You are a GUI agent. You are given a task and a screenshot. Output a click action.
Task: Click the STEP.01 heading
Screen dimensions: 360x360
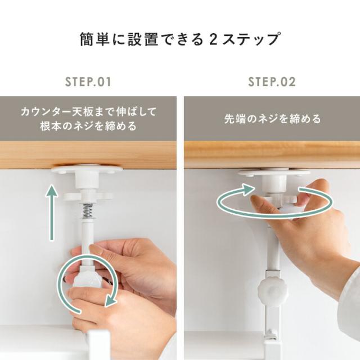tap(88, 82)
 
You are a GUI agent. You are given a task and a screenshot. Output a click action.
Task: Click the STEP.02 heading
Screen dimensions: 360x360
tap(272, 82)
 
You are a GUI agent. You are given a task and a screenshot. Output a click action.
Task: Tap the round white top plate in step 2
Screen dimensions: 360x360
tap(274, 173)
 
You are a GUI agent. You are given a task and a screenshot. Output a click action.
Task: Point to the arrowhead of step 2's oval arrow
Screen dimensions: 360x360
tap(249, 190)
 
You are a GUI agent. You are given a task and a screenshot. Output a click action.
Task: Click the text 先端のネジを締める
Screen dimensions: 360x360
tap(272, 119)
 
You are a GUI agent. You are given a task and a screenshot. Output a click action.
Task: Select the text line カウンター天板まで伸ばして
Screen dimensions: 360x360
tap(89, 112)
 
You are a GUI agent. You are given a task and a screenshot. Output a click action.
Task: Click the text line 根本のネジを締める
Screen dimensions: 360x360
tap(89, 126)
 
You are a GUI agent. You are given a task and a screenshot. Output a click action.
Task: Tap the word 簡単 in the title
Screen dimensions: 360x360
tap(94, 39)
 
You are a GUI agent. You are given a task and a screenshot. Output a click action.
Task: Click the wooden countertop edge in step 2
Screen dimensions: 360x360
tap(272, 155)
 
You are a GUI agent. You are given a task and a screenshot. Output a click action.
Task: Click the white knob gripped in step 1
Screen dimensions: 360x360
tap(87, 278)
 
